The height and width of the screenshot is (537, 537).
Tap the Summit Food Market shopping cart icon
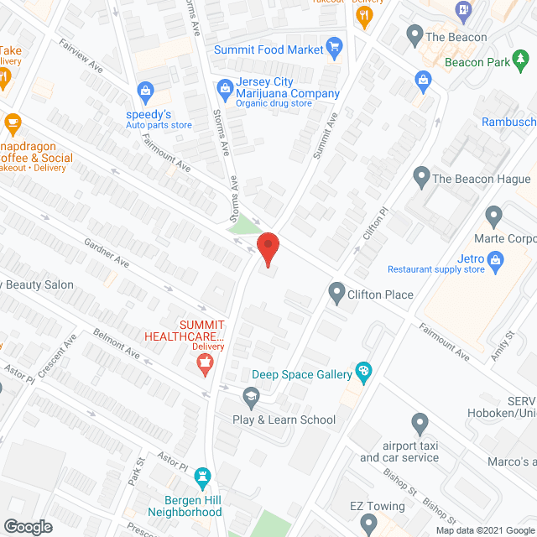click(334, 46)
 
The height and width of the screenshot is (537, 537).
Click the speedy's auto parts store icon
click(145, 90)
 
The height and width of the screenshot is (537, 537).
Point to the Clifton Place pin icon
click(337, 293)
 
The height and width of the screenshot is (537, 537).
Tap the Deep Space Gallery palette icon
click(363, 370)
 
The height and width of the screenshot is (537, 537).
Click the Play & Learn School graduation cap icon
click(250, 396)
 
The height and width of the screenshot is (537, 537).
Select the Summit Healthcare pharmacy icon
click(202, 363)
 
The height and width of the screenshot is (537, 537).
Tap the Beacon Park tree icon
click(521, 57)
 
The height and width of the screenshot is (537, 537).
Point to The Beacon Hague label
click(481, 179)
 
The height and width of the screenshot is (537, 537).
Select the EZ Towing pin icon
click(368, 524)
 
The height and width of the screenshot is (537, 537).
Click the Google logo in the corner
click(27, 526)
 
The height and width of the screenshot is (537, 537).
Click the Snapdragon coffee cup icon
click(12, 124)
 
